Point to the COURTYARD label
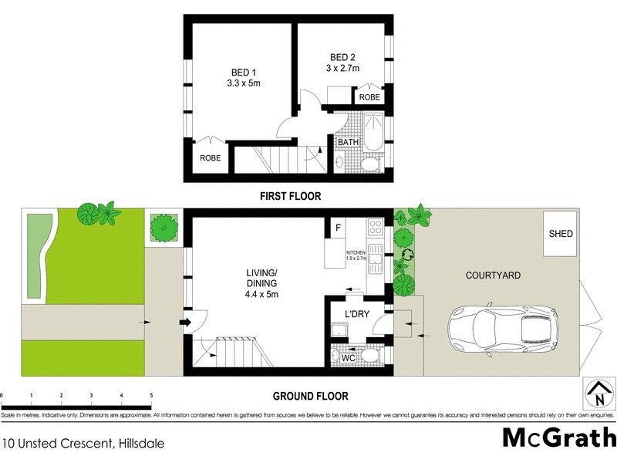494,275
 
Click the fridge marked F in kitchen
337,228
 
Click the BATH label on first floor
346,142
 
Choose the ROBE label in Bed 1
211,158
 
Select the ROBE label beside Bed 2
369,97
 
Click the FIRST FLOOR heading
290,196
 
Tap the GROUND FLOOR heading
310,397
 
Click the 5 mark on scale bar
151,395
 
